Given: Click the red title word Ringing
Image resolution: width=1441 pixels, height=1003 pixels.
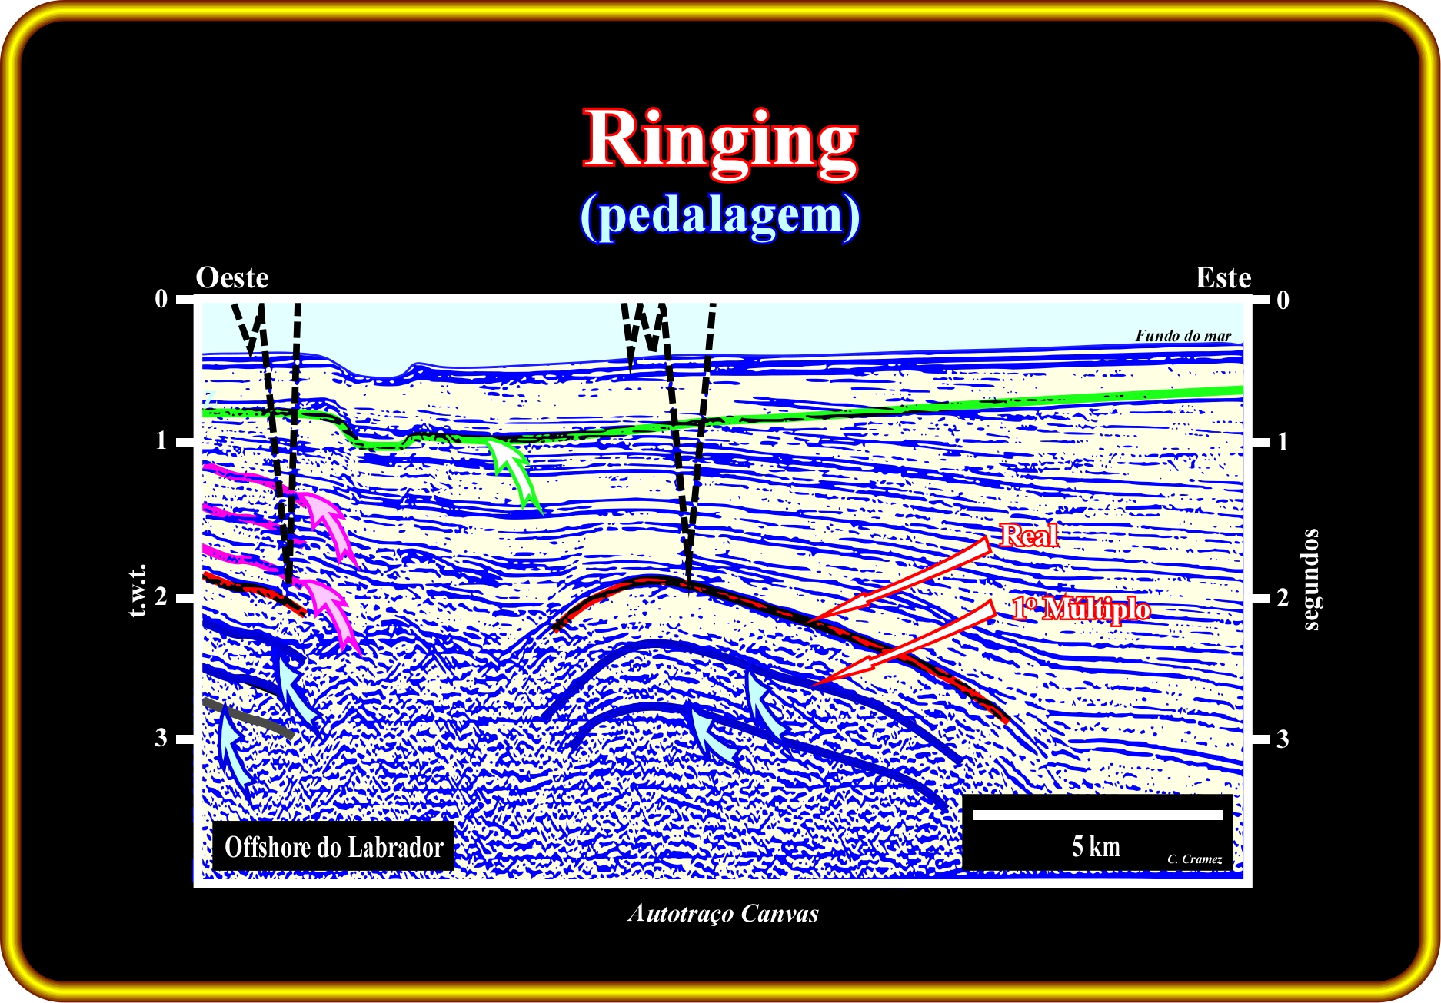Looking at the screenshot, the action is point(720,142).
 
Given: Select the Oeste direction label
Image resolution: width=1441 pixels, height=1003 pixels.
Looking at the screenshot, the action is point(232,277).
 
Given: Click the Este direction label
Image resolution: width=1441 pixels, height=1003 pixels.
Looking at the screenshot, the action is point(1223,277).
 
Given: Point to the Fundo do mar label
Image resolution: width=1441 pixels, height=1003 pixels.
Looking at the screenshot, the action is point(1183,335).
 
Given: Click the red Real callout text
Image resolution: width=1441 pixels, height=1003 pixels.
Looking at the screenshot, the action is point(1029,535).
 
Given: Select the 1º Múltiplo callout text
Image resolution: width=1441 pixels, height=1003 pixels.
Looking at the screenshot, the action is point(1081,608).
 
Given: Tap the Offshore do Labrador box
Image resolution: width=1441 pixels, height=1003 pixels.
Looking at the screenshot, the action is point(333,846).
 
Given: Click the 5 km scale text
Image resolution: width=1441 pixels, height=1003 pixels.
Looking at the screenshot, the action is point(1096,846).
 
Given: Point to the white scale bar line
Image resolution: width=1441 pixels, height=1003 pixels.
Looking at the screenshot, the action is point(1097,815).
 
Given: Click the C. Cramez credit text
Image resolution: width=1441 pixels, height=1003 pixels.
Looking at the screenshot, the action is point(1194,859).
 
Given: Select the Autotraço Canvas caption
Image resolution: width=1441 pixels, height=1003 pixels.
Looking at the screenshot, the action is point(723,913).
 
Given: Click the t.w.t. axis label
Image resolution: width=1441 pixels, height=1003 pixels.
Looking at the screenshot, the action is point(138,591).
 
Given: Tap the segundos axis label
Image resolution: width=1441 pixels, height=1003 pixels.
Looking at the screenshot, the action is point(1310,579).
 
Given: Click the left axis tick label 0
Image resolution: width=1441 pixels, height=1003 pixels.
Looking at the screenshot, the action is point(161,298).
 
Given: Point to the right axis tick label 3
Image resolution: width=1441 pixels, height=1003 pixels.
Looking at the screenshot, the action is point(1283,739).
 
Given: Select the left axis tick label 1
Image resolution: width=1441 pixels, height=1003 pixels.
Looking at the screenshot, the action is point(161,440).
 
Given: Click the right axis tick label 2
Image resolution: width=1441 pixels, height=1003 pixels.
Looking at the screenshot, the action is point(1283,597).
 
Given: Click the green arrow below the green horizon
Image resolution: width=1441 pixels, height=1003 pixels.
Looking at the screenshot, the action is point(514,470).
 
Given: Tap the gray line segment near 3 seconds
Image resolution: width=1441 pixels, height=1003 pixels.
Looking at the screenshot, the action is point(248,718).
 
